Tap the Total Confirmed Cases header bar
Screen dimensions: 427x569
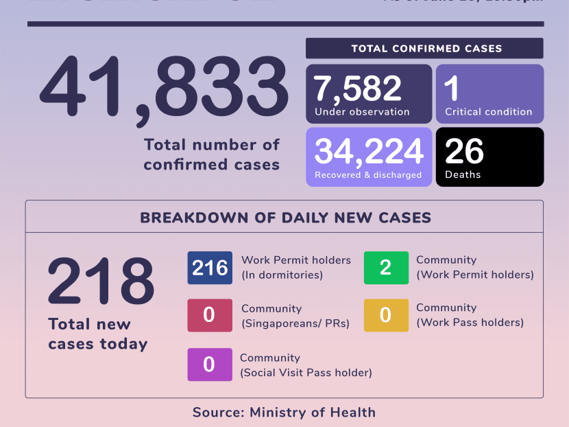[424, 48]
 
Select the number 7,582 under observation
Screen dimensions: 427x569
[357, 89]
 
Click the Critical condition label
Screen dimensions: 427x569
[488, 112]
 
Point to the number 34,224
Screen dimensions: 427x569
[368, 151]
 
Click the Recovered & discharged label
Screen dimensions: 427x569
[367, 175]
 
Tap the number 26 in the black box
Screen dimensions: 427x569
[464, 151]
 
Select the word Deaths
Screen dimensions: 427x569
[463, 175]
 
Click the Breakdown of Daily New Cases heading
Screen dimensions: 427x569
[285, 218]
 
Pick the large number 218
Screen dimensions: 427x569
[101, 281]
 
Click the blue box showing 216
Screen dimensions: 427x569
[210, 268]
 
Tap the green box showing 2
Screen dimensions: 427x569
[385, 268]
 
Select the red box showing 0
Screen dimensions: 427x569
[210, 315]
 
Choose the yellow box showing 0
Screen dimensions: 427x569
[385, 315]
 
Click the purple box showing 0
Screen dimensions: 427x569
[210, 365]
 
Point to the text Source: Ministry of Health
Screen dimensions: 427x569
[284, 413]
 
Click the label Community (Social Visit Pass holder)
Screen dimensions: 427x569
[306, 365]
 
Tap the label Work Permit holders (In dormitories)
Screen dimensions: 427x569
[295, 268]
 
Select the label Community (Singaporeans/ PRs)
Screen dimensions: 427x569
[295, 316]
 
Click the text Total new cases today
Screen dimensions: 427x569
[97, 334]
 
